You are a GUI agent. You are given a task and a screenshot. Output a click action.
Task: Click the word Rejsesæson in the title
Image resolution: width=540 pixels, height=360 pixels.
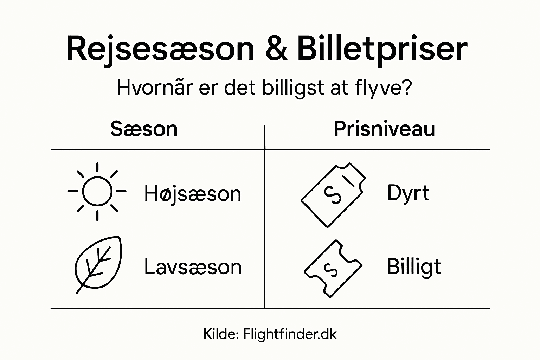(x=160, y=49)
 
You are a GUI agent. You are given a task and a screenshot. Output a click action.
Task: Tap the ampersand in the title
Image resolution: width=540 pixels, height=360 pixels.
(x=276, y=49)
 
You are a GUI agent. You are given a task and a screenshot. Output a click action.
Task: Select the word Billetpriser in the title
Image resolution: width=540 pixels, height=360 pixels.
(x=382, y=49)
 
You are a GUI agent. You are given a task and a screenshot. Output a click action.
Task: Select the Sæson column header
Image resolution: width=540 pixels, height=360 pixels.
(x=144, y=129)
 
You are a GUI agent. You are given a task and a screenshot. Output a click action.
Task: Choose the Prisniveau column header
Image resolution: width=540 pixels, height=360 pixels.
(x=384, y=129)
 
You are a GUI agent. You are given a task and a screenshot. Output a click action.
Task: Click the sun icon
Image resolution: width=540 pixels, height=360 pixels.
(x=97, y=192)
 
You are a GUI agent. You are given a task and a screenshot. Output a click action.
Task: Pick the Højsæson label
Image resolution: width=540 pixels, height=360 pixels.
(x=193, y=194)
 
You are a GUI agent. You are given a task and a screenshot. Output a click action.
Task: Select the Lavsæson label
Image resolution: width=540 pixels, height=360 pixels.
(x=193, y=267)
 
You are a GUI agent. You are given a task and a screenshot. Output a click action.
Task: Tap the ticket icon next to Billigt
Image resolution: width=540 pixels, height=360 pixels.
(x=333, y=269)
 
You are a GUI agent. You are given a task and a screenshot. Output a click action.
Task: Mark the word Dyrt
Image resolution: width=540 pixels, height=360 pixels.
(x=408, y=193)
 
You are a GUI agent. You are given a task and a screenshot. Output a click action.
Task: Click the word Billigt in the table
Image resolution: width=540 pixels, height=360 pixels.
(x=414, y=267)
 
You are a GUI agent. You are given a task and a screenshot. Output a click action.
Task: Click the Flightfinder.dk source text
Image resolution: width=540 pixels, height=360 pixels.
(x=290, y=334)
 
